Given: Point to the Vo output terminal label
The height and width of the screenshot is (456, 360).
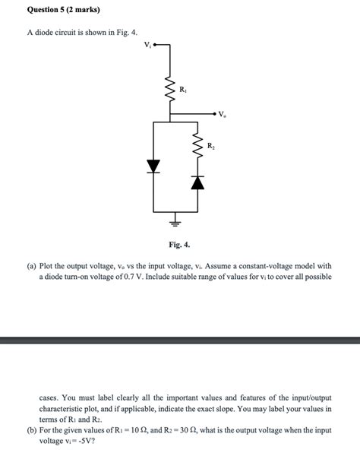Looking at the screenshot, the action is [222, 116].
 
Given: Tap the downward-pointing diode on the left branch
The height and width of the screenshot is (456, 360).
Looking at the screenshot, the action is [154, 166].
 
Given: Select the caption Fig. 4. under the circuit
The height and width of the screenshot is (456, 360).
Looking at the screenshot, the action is [180, 245].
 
